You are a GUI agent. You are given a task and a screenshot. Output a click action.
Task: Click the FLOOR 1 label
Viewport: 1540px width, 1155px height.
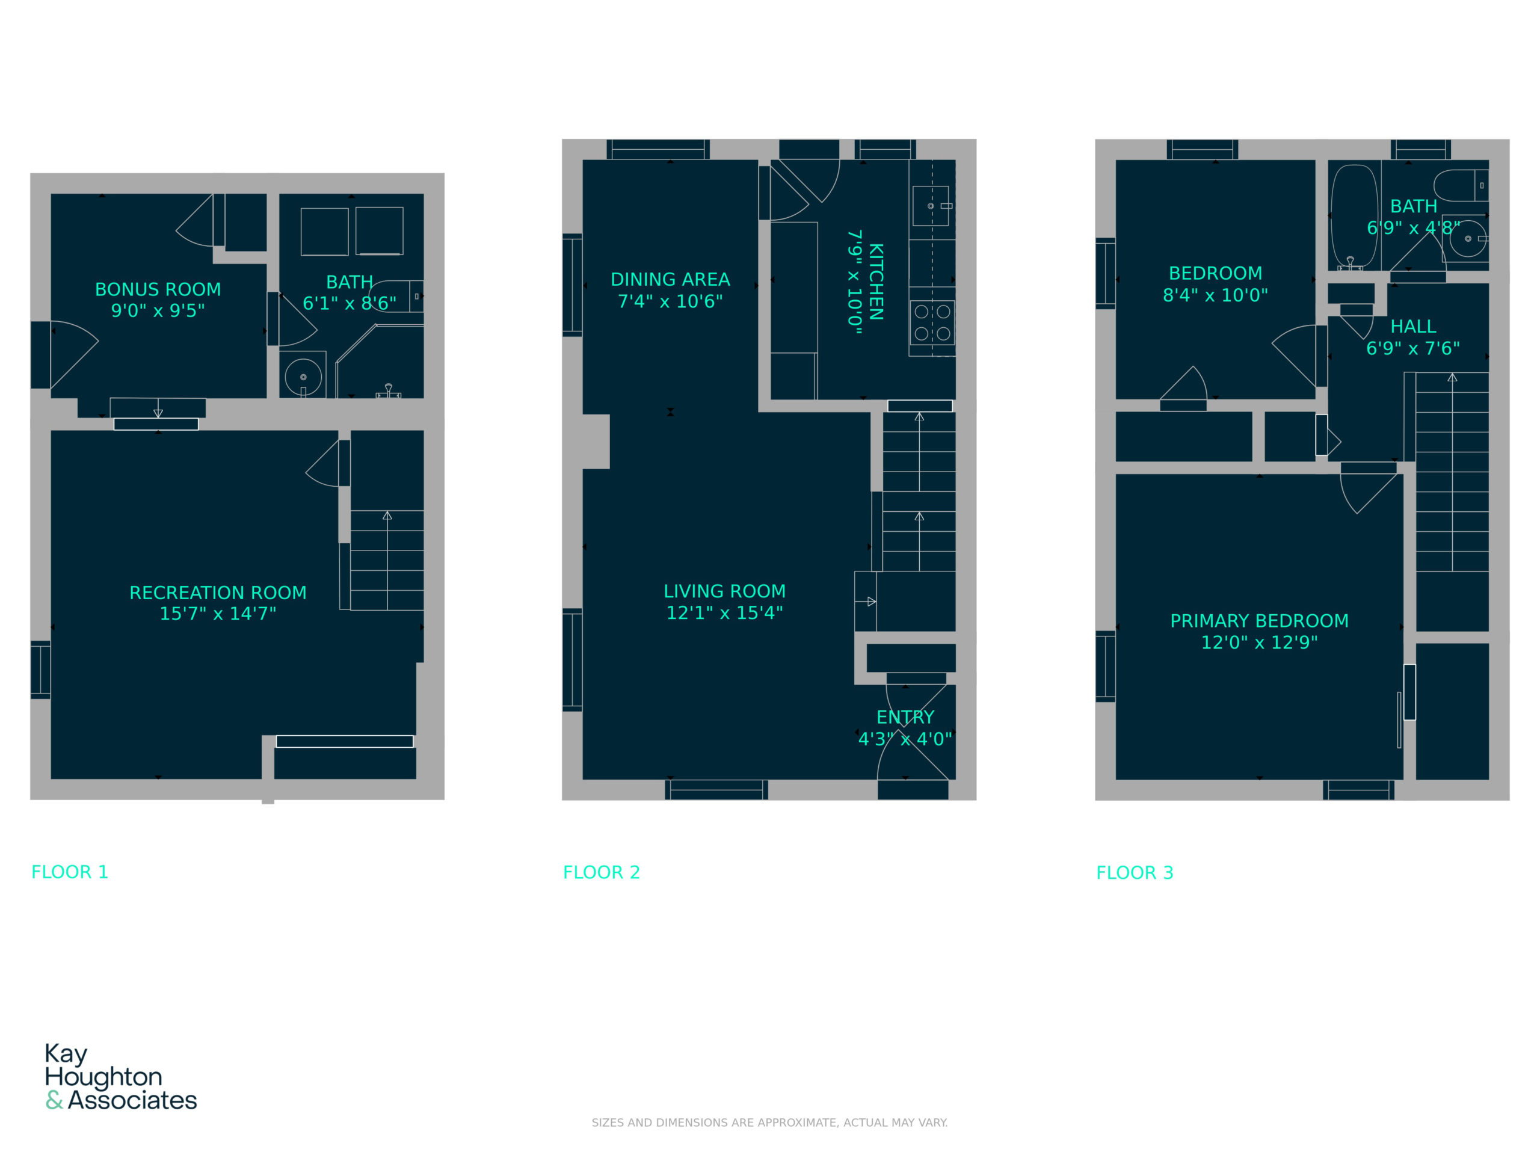(70, 872)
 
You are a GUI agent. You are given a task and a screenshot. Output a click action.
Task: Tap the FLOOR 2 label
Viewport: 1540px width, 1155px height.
(602, 872)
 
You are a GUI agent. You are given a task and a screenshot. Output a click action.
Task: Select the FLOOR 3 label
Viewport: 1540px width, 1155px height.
(1135, 872)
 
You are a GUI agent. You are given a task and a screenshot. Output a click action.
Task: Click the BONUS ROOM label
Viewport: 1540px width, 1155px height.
(158, 289)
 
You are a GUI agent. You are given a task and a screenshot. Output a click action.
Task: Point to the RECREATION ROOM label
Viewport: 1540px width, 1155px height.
(218, 593)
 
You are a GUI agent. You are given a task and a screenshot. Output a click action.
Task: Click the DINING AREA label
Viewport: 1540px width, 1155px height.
(671, 279)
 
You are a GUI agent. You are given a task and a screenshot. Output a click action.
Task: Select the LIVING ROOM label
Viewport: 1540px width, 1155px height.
(725, 591)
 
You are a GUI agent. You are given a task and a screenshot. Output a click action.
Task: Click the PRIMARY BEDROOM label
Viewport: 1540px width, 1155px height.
(1260, 620)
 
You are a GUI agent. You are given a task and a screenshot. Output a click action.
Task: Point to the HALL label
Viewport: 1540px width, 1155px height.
(1413, 326)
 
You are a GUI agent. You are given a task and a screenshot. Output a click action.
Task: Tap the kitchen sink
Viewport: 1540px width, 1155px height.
(931, 206)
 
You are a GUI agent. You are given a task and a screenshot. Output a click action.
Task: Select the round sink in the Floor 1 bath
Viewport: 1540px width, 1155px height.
(304, 377)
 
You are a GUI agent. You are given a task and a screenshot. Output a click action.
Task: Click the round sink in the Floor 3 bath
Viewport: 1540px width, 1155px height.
(1468, 238)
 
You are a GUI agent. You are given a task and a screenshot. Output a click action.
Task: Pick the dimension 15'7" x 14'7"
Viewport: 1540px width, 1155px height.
(218, 614)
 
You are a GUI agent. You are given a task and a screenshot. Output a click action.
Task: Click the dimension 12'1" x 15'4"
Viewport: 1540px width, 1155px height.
(725, 612)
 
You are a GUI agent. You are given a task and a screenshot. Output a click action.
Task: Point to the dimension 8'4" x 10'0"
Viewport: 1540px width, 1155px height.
(1216, 295)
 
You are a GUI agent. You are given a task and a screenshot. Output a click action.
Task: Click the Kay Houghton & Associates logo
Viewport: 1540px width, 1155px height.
(121, 1076)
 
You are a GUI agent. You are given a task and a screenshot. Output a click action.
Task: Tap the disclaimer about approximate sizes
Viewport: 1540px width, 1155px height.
(769, 1123)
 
